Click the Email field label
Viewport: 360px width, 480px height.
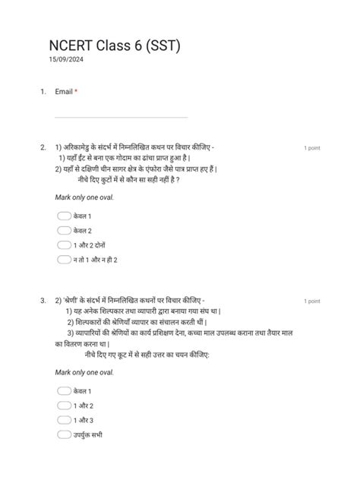point(64,92)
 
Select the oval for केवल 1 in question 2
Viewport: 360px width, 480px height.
point(64,216)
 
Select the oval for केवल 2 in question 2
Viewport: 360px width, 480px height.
point(64,231)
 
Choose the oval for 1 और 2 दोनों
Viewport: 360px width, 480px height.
point(64,245)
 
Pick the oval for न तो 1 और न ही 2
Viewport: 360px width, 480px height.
point(64,260)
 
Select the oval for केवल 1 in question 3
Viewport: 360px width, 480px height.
point(64,391)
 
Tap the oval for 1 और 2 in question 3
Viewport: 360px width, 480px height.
point(64,406)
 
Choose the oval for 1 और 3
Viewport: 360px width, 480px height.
point(64,420)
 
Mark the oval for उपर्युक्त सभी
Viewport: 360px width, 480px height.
point(64,434)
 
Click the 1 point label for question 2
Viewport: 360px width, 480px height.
point(311,147)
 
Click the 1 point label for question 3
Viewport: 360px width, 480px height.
point(311,302)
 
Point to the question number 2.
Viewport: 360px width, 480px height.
point(43,147)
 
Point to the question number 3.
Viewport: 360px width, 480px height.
point(43,301)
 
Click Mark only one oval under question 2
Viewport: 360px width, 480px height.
point(84,197)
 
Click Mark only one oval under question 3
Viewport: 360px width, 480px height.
point(84,372)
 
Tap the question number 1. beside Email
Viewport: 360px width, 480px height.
point(43,92)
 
